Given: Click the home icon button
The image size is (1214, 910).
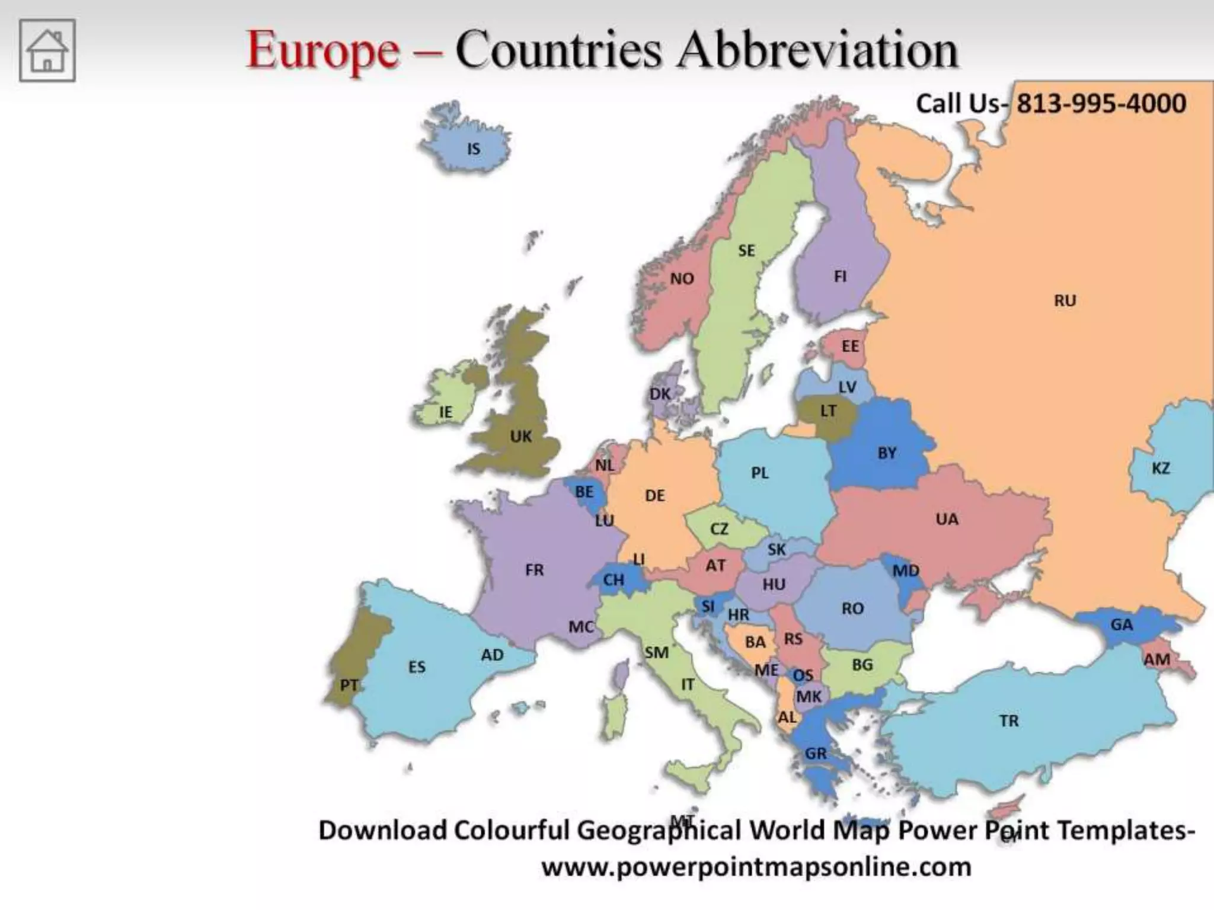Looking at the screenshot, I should click(x=47, y=50).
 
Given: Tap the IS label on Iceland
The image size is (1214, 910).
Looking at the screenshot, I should click(x=473, y=149).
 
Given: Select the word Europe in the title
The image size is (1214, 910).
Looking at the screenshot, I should click(x=323, y=50).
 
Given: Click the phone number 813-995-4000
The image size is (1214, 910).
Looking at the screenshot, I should click(x=1101, y=104).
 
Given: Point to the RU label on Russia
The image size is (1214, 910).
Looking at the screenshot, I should click(x=1065, y=301).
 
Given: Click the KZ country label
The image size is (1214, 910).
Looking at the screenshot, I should click(x=1161, y=469).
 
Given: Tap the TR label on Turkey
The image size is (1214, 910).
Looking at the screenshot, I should click(x=1009, y=721).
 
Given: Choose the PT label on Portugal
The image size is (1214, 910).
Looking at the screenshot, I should click(x=349, y=685).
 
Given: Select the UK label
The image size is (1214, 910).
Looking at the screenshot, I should click(x=521, y=437).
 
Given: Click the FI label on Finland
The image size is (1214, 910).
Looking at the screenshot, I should click(x=840, y=277).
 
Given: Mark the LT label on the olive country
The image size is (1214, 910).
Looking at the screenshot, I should click(x=828, y=411).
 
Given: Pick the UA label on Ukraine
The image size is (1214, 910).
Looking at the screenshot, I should click(x=947, y=520).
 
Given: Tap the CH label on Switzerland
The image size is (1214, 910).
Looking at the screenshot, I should click(x=614, y=580).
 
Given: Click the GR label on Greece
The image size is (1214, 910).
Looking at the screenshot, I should click(x=816, y=754).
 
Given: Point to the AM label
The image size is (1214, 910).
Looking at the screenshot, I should click(x=1157, y=659).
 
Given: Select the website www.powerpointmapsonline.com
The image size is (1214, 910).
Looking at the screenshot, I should click(x=756, y=867).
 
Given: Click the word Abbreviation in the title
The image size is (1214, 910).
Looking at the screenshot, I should click(x=817, y=50).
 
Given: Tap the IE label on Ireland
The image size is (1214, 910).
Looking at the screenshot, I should click(x=445, y=412).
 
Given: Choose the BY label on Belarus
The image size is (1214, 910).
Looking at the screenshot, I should click(x=887, y=453).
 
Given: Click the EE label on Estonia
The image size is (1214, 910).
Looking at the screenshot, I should click(x=850, y=347).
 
